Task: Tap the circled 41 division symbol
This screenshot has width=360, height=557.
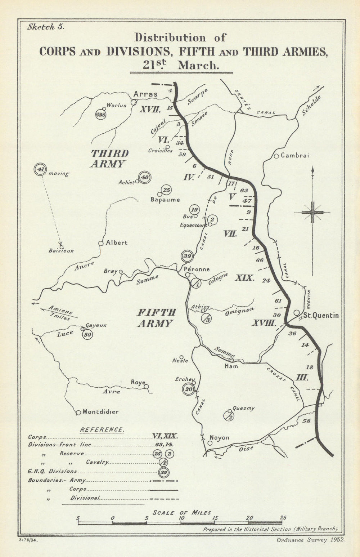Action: click(x=40, y=169)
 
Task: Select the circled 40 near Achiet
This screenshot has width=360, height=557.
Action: click(x=145, y=177)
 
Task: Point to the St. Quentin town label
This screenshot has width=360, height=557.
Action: click(x=320, y=315)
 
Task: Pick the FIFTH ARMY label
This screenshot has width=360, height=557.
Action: click(x=156, y=317)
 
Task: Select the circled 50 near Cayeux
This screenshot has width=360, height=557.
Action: click(x=87, y=334)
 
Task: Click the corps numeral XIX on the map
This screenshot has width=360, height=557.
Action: click(x=245, y=278)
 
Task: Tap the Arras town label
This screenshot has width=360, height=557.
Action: click(x=145, y=94)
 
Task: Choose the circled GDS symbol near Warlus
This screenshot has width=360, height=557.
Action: click(x=100, y=115)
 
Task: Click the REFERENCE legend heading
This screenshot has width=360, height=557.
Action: click(x=102, y=429)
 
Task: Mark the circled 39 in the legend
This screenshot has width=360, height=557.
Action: click(x=164, y=472)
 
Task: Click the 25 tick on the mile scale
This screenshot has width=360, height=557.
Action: click(x=283, y=518)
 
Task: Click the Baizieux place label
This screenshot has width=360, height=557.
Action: click(x=61, y=251)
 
